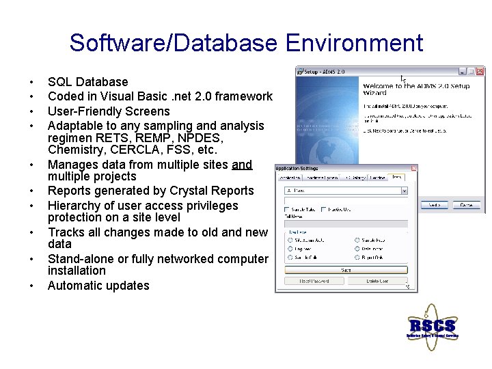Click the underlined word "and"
(242, 165)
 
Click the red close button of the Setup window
(480, 71)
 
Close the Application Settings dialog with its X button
(413, 168)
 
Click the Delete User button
(378, 281)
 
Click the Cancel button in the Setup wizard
(466, 205)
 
